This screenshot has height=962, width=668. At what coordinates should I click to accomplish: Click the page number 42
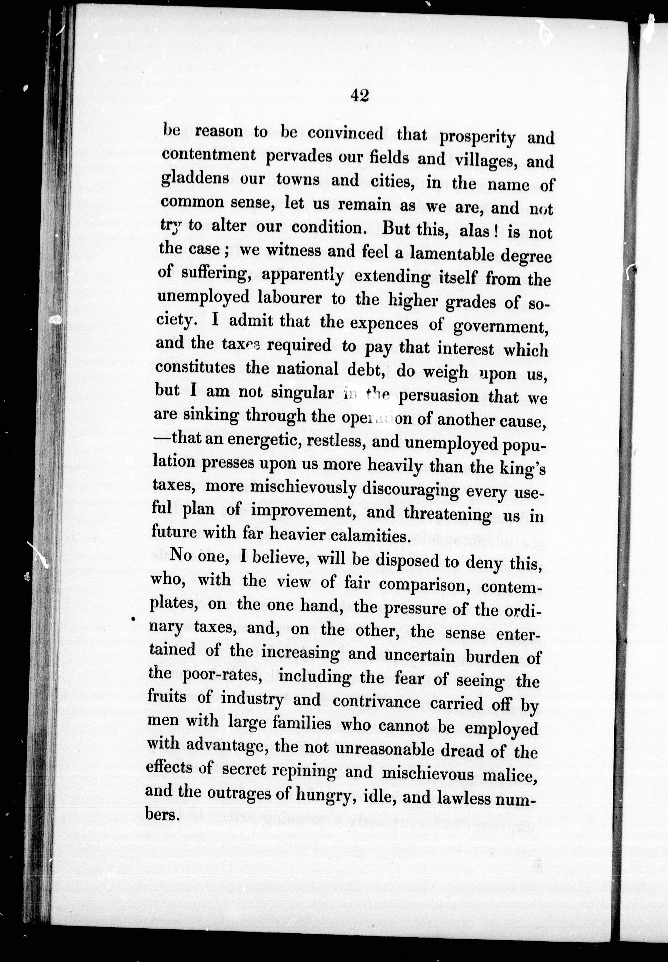pyautogui.click(x=360, y=96)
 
